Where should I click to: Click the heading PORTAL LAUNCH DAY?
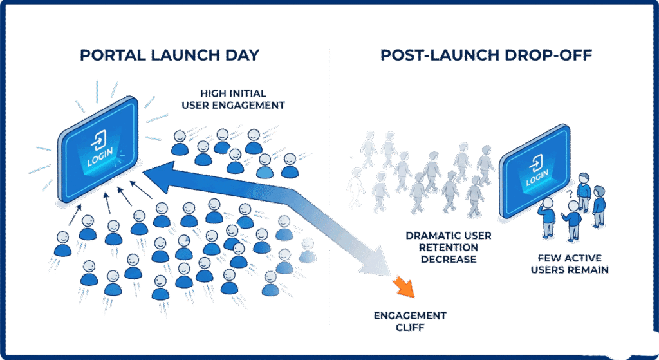[169, 55]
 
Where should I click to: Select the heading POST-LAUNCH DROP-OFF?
[486, 55]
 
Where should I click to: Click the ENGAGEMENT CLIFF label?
[410, 322]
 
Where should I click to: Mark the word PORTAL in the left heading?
[110, 55]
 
